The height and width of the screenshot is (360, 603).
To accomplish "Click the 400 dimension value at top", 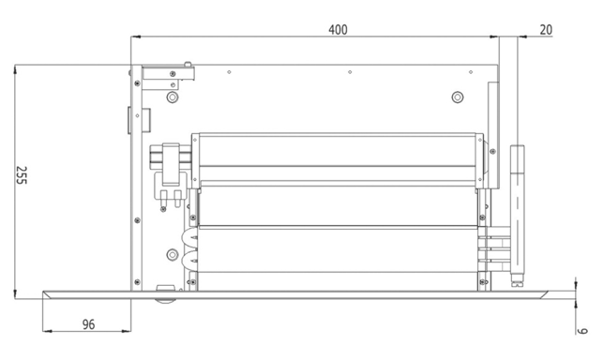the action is point(338,30).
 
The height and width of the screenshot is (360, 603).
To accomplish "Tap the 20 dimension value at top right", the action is point(546,30).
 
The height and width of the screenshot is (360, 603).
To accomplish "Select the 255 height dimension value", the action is point(22,175).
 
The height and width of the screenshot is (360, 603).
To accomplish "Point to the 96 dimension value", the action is point(88,324).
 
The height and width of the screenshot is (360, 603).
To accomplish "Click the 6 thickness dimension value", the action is point(583,330).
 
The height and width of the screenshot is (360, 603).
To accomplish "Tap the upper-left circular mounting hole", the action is point(173,97).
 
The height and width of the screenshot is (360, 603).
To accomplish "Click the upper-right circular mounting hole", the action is point(458,97).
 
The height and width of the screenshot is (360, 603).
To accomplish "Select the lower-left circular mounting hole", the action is point(173,254).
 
